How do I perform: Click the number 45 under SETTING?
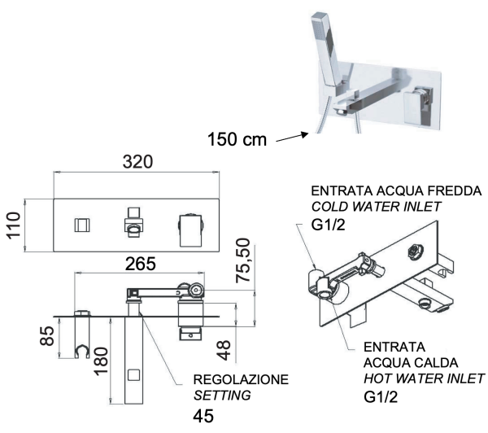206,416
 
